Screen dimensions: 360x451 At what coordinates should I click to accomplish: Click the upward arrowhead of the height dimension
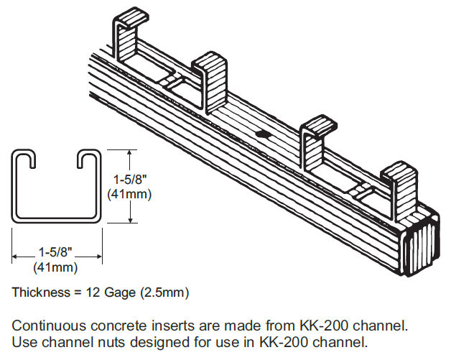coord(129,153)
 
